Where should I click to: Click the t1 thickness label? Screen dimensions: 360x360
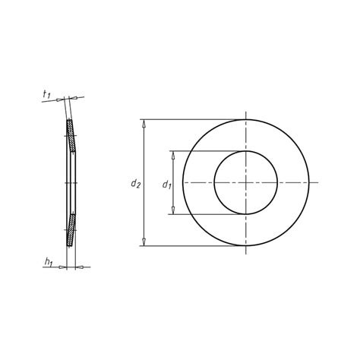tap(47, 95)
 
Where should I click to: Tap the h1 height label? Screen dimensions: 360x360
tap(48, 263)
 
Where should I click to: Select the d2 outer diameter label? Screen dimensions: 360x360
tap(134, 183)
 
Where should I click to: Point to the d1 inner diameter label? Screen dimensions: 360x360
tap(166, 183)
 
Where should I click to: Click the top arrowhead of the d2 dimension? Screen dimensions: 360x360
tap(144, 123)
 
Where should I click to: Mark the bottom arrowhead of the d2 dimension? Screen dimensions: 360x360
tap(144, 242)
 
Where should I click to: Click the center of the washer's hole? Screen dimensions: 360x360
tap(246, 182)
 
